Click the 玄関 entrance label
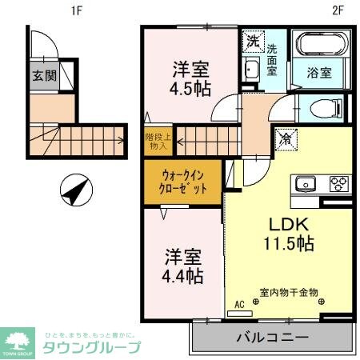click(x=44, y=77)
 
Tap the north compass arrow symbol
click(x=74, y=190)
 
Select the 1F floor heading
click(x=78, y=10)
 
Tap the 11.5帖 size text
click(x=283, y=246)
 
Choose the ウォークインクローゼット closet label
click(x=184, y=182)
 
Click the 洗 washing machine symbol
click(x=253, y=40)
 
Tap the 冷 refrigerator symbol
click(x=285, y=139)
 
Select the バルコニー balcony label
click(x=272, y=338)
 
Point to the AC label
click(x=238, y=304)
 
